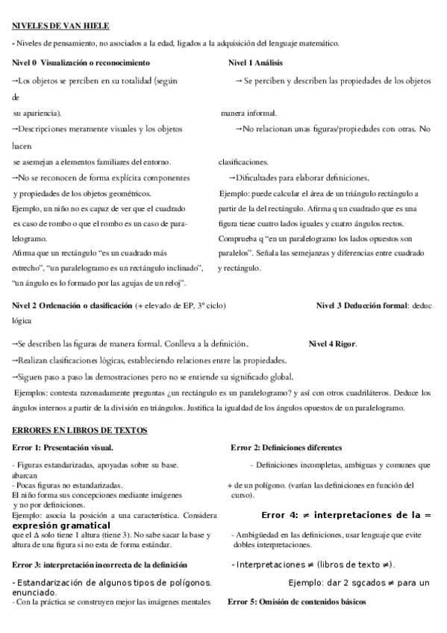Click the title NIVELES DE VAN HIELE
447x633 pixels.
pyautogui.click(x=61, y=26)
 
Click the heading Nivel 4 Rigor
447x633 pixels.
pyautogui.click(x=333, y=344)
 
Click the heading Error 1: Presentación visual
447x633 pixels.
pyautogui.click(x=63, y=447)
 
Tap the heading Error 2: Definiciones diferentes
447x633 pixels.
pyautogui.click(x=287, y=447)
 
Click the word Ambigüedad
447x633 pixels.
pyautogui.click(x=257, y=535)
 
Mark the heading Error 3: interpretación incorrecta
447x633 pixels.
pyautogui.click(x=99, y=564)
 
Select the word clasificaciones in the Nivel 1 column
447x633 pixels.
pyautogui.click(x=243, y=161)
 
